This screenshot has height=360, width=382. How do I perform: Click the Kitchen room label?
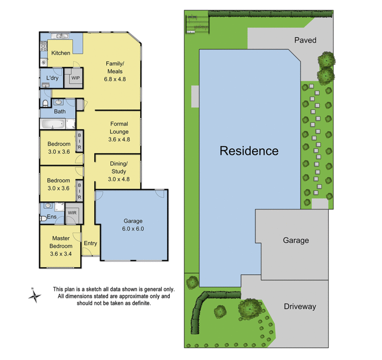(61, 53)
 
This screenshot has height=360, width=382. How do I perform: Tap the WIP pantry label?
(75, 78)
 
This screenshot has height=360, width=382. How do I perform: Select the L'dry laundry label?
(52, 78)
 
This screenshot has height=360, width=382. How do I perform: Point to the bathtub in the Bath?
(52, 124)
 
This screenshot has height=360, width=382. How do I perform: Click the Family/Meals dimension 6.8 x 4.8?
(115, 79)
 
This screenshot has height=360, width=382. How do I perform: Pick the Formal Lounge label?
(119, 128)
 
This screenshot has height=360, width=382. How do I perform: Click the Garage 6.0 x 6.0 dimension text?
(133, 229)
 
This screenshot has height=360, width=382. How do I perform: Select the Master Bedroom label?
(61, 242)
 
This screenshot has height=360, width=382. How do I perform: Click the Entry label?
(90, 243)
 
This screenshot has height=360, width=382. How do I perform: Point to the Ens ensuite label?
(52, 217)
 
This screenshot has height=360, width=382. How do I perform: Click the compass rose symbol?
(34, 295)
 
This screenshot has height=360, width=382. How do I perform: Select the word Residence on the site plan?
(249, 151)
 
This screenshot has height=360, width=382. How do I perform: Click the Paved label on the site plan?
(305, 40)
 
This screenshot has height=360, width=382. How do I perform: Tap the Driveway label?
(300, 307)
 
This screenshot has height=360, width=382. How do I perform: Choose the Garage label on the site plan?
(296, 240)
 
